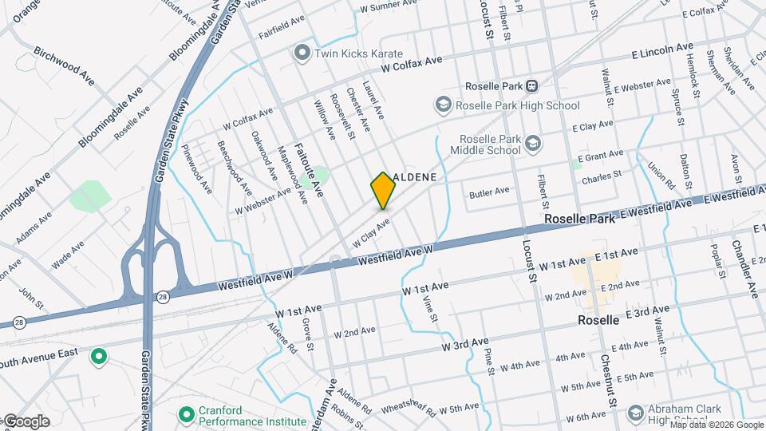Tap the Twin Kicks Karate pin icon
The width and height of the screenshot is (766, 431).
tap(302, 53)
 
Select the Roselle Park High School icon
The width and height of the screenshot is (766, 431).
tap(443, 105)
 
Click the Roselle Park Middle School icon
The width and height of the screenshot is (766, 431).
tap(533, 144)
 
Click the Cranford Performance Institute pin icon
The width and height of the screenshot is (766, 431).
tap(186, 413)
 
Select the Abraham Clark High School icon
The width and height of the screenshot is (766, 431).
tap(635, 413)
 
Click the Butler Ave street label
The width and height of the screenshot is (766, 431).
tap(489, 192)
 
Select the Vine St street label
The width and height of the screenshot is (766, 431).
tap(431, 306)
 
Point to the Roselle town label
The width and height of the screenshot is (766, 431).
tap(598, 320)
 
